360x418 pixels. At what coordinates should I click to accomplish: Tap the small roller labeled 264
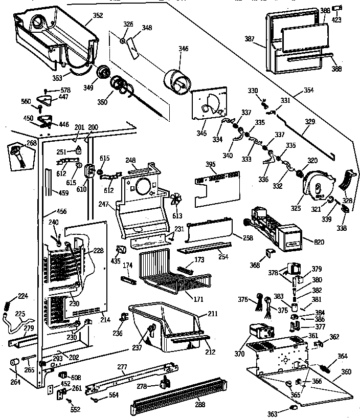(x=15, y=363)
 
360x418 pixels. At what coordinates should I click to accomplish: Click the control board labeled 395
(x=217, y=186)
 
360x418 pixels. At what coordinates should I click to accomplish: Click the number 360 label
(x=346, y=371)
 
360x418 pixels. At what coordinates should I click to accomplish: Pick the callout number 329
(x=310, y=122)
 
